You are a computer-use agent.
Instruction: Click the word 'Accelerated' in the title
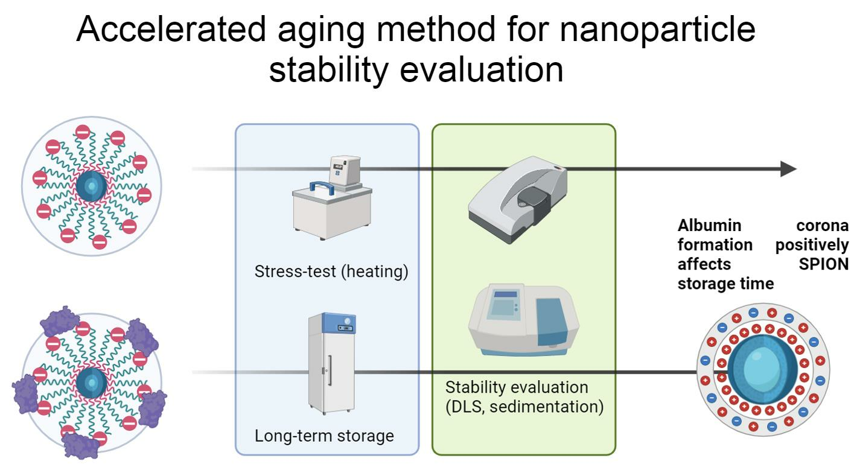point(171,29)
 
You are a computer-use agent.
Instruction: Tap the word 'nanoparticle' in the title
point(657,31)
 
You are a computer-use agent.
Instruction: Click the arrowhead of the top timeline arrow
point(789,169)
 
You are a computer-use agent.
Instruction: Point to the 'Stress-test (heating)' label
point(331,271)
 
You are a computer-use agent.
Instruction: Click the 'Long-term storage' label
point(325,436)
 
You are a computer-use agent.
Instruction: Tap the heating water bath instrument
point(332,197)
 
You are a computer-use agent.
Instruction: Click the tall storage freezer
point(332,363)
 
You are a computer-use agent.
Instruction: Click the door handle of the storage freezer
point(330,370)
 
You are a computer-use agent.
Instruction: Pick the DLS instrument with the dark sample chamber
point(518,200)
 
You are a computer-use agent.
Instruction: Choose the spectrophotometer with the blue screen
point(523,320)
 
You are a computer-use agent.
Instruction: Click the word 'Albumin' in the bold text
point(709,226)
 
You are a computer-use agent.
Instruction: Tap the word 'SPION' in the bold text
point(823,264)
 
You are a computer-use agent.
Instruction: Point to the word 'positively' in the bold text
point(812,246)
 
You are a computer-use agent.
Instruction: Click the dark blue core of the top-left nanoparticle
point(92,186)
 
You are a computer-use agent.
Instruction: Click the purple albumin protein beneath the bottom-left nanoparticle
point(81,445)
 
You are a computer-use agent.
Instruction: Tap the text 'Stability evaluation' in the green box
point(517,387)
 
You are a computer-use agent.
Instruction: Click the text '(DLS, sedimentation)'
point(524,407)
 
